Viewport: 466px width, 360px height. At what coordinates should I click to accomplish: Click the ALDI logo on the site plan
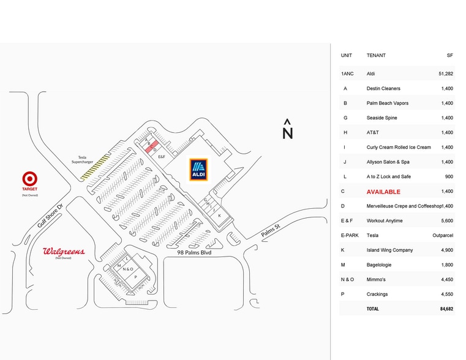pyautogui.click(x=199, y=170)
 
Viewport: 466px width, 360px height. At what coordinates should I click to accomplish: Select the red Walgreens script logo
pyautogui.click(x=64, y=252)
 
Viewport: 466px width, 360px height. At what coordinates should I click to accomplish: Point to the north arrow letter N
pyautogui.click(x=287, y=132)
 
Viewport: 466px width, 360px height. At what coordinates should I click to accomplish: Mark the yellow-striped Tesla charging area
pyautogui.click(x=95, y=167)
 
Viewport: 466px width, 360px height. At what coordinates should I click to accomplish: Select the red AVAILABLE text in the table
pyautogui.click(x=383, y=192)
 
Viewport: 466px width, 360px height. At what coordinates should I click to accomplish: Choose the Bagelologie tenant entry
pyautogui.click(x=379, y=264)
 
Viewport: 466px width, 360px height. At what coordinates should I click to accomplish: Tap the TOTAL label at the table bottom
pyautogui.click(x=372, y=309)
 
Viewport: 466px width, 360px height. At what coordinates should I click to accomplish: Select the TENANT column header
pyautogui.click(x=376, y=56)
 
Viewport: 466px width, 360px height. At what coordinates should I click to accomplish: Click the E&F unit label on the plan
pyautogui.click(x=162, y=157)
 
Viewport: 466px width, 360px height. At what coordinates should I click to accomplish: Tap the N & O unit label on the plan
pyautogui.click(x=128, y=269)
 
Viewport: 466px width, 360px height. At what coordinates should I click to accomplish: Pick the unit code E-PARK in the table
pyautogui.click(x=349, y=235)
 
